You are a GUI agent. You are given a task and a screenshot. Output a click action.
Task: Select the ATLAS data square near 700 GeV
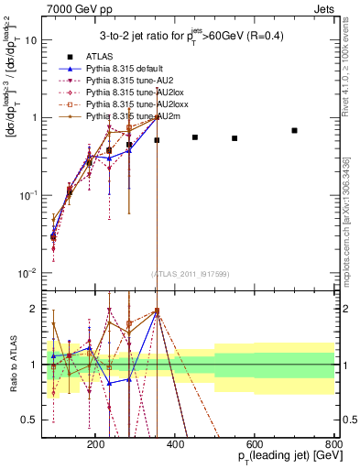coord(294,130)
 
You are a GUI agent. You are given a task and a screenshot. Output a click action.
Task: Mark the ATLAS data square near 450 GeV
coord(195,137)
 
